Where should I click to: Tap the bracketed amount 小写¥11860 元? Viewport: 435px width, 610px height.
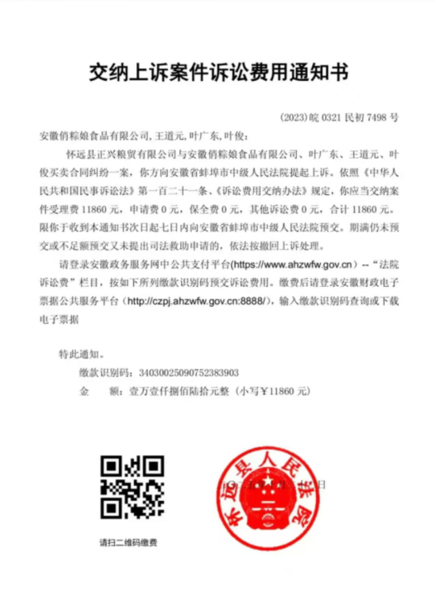tap(277, 389)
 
